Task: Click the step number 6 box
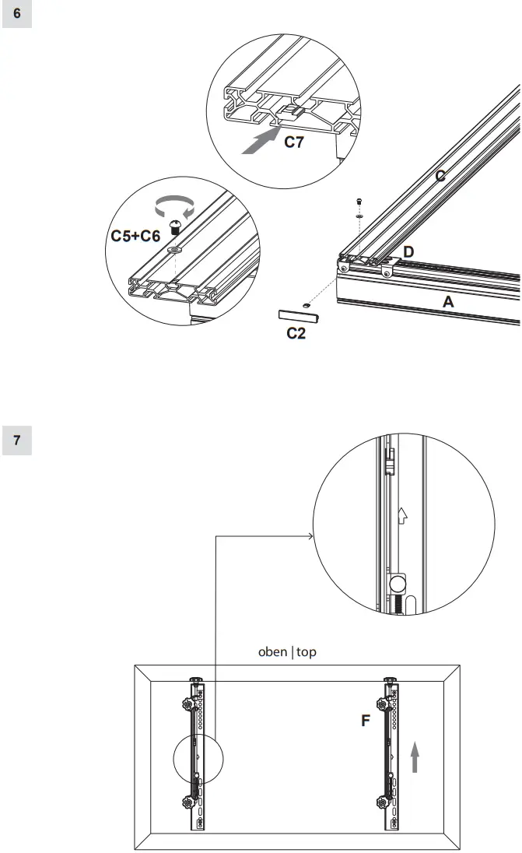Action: pos(17,14)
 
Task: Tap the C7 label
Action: pos(293,142)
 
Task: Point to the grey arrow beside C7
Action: pos(260,142)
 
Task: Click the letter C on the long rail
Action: pos(440,177)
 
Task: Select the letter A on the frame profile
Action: pos(448,302)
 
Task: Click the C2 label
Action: pos(296,334)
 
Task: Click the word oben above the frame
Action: pos(273,652)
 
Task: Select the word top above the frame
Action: pos(306,652)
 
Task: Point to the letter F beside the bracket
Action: pos(365,721)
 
